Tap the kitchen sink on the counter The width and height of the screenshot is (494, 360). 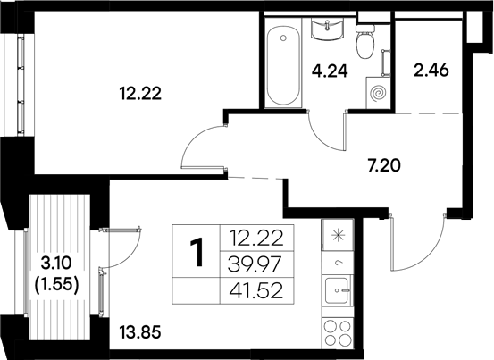338,289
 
